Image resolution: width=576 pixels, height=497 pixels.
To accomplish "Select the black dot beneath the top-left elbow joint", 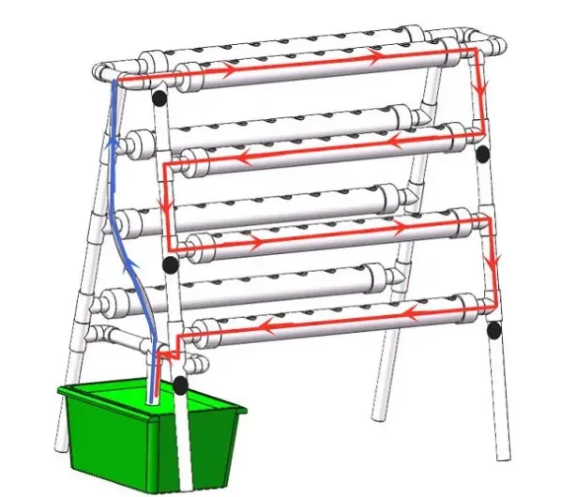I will [159, 96].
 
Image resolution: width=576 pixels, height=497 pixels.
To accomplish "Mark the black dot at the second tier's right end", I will [482, 153].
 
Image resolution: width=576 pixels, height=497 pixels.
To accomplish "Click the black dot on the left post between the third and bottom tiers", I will [170, 265].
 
